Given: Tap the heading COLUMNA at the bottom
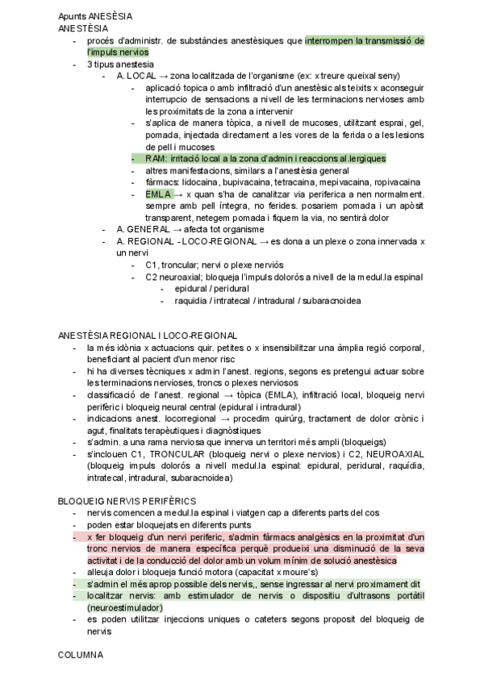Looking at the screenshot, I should (x=81, y=656).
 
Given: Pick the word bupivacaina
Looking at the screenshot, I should (x=247, y=182).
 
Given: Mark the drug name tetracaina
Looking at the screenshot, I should (x=297, y=182).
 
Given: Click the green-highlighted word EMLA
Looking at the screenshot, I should (x=158, y=194).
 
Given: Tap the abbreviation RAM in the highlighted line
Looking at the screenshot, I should (x=156, y=159).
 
